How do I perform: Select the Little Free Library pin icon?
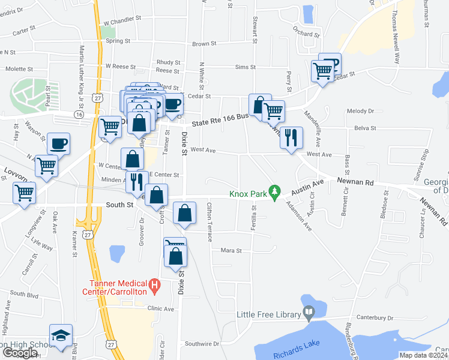[x=309, y=312]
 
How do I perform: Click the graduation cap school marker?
[x=60, y=335]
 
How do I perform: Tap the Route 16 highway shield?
[x=79, y=114]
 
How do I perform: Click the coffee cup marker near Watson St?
[x=59, y=143]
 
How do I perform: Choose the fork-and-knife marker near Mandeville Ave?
[x=291, y=138]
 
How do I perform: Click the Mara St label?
[x=231, y=250]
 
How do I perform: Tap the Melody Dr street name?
[x=360, y=111]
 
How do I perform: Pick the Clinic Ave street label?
[x=160, y=308]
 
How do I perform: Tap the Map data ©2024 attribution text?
[x=423, y=355]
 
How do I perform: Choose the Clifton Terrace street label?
[x=209, y=222]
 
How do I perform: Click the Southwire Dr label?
[x=202, y=344]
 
